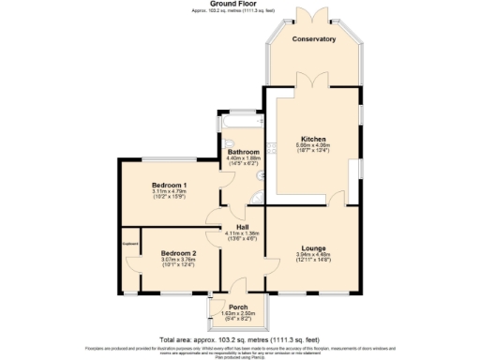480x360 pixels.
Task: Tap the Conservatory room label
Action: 313,39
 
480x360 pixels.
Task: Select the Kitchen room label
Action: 312,137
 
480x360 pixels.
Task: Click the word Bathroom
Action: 243,151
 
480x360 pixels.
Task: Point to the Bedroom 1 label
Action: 170,185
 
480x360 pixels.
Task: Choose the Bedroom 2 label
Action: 177,254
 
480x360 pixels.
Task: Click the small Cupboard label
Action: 129,247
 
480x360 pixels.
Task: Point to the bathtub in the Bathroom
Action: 241,123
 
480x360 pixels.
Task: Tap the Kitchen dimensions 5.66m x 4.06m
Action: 312,145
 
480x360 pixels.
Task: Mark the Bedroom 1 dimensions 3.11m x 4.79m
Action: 170,192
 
